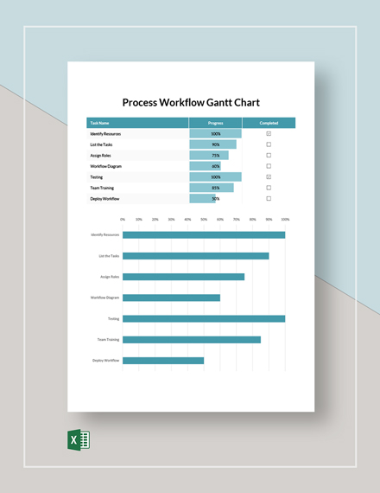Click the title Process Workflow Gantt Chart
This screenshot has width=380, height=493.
click(x=190, y=102)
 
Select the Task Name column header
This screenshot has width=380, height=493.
click(x=99, y=123)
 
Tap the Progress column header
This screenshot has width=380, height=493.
click(x=215, y=123)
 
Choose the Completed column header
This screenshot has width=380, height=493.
click(x=269, y=123)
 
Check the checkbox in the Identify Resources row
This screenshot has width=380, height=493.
click(x=269, y=134)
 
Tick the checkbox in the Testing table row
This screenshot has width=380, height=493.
click(x=269, y=176)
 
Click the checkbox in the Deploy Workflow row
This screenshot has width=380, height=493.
click(x=269, y=198)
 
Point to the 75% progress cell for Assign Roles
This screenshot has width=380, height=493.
click(x=215, y=156)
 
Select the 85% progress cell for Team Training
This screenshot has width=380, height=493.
click(x=215, y=188)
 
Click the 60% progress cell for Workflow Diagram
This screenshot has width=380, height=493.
click(x=215, y=166)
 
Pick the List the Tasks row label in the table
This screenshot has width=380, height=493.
click(x=101, y=144)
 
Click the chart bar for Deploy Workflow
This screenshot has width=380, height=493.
click(x=163, y=361)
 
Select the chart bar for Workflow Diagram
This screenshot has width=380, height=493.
click(x=171, y=298)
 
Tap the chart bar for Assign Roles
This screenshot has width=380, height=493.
click(x=183, y=277)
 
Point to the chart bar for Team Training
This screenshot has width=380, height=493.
click(x=191, y=340)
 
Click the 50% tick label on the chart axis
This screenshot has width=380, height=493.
click(x=204, y=220)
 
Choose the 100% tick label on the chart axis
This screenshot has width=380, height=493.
click(x=284, y=220)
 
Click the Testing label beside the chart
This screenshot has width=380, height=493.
click(x=113, y=319)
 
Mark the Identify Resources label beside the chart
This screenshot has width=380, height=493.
click(x=104, y=234)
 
